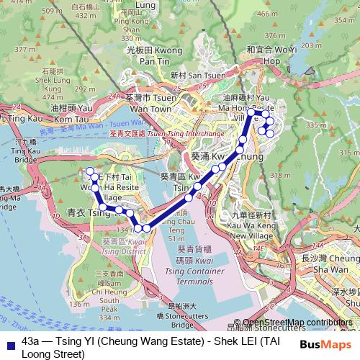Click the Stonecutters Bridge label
[x=174, y=310]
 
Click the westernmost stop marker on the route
[x=90, y=171]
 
